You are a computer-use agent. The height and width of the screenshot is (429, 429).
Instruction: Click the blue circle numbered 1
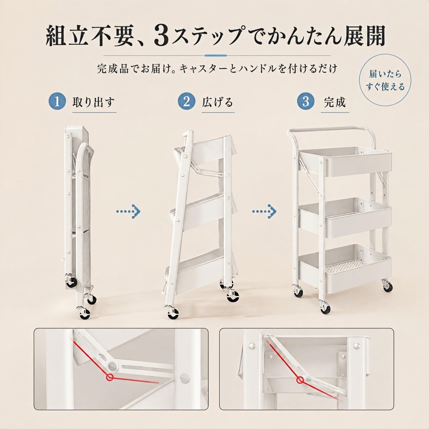click(57, 102)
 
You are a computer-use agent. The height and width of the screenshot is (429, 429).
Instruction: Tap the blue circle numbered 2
click(186, 102)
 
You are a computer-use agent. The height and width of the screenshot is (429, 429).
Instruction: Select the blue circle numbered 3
click(306, 102)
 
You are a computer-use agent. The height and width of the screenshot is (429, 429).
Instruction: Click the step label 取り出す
click(94, 102)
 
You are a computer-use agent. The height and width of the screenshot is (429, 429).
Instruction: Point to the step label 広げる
click(217, 102)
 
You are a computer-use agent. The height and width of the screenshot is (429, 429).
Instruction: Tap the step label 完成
click(335, 102)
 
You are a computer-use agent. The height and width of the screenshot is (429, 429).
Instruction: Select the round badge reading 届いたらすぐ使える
click(385, 80)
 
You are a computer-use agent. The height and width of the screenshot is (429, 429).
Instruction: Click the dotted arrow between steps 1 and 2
click(128, 212)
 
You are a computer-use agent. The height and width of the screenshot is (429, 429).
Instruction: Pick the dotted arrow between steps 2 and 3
click(264, 212)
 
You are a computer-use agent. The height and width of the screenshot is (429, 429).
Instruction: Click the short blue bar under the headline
click(215, 56)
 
